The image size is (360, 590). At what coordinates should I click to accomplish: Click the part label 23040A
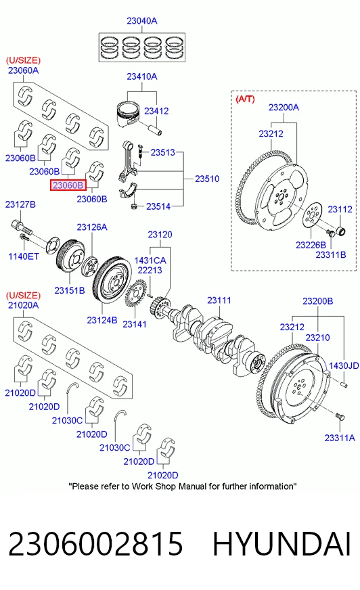click(142, 21)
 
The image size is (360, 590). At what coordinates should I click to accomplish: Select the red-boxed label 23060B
click(68, 185)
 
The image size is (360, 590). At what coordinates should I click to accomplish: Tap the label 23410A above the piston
click(142, 76)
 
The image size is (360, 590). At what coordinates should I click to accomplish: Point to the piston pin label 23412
click(156, 111)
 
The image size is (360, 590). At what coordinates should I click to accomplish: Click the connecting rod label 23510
click(207, 179)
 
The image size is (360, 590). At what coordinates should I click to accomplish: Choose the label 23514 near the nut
click(158, 206)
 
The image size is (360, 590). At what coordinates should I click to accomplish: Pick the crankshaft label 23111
click(219, 300)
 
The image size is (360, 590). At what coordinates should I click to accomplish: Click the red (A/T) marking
click(245, 99)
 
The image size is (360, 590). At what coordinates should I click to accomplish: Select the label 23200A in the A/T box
click(284, 107)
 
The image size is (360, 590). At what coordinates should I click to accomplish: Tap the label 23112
click(340, 209)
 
